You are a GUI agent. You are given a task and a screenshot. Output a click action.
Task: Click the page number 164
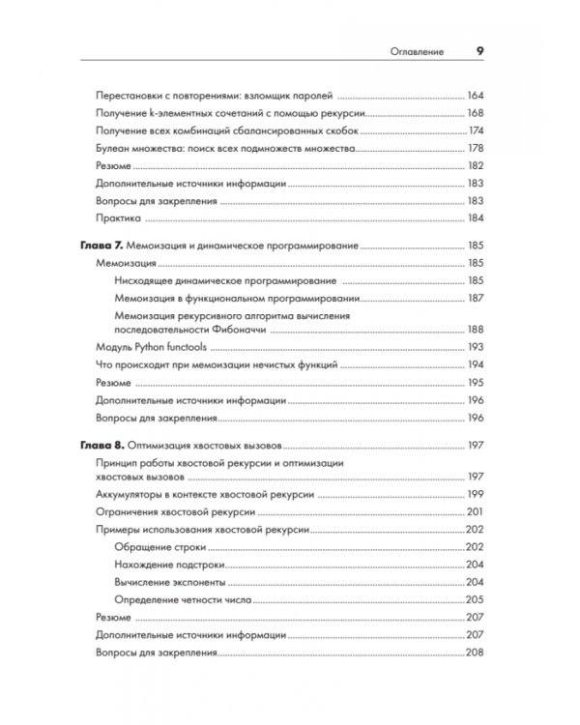474,97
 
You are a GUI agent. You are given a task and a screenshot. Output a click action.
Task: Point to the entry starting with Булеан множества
228,149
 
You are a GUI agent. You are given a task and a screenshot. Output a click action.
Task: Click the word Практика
121,218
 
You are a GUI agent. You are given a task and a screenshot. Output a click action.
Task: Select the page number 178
474,149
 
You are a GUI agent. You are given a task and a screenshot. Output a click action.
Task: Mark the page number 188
474,330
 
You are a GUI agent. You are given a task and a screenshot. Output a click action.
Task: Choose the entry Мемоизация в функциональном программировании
238,298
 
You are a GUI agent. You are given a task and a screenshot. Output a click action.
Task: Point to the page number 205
474,599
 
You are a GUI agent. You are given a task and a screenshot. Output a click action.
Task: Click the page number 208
474,652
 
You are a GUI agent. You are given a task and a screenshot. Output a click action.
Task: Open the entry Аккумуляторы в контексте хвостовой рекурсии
214,494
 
